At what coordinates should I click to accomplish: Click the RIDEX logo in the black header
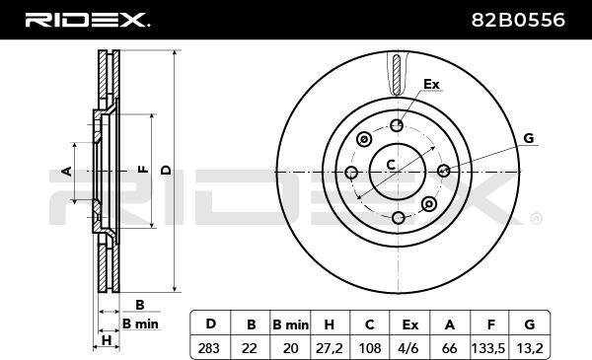point(87,20)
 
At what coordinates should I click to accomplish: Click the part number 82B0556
point(518,20)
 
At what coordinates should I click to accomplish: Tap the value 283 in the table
point(209,348)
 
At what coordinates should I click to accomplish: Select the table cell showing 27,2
point(330,348)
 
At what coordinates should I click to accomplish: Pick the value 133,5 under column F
point(487,348)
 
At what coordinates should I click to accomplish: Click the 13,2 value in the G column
point(530,348)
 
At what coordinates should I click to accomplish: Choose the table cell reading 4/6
point(409,348)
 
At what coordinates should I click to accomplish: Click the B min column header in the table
point(290,324)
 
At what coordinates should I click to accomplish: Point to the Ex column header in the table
point(410,324)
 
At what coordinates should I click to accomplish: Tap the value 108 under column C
point(370,348)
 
